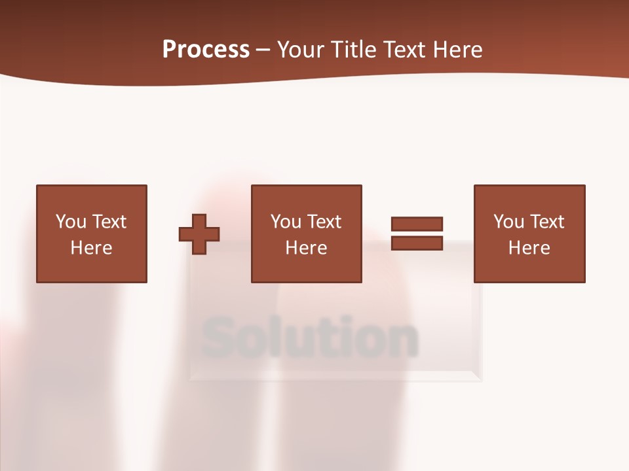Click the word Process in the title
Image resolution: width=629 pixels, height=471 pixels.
(206, 50)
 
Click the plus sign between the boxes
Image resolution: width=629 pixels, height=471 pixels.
(199, 234)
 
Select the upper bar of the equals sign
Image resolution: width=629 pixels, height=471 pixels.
(417, 224)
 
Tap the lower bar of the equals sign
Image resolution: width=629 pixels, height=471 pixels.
(417, 243)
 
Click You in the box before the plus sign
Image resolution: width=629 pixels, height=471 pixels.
(71, 222)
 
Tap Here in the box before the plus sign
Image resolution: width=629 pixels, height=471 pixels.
(91, 248)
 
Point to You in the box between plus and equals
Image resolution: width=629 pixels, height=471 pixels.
(286, 222)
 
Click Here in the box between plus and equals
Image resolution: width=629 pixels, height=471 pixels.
(306, 248)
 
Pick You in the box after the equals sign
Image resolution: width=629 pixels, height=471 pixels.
(508, 222)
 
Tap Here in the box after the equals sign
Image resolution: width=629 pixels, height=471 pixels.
(529, 248)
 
